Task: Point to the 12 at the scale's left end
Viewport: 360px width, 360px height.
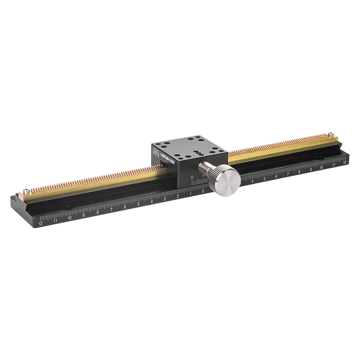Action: pos(41,223)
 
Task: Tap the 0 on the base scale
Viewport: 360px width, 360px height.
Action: pos(203,191)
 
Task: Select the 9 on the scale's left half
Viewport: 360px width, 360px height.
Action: pos(83,215)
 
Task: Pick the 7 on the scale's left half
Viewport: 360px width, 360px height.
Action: pos(111,209)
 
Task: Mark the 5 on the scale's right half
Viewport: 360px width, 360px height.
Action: pos(264,179)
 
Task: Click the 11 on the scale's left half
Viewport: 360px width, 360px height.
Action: pos(55,220)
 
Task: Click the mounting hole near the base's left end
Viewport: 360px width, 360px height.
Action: pos(66,207)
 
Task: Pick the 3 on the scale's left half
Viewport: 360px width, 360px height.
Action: pos(165,199)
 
